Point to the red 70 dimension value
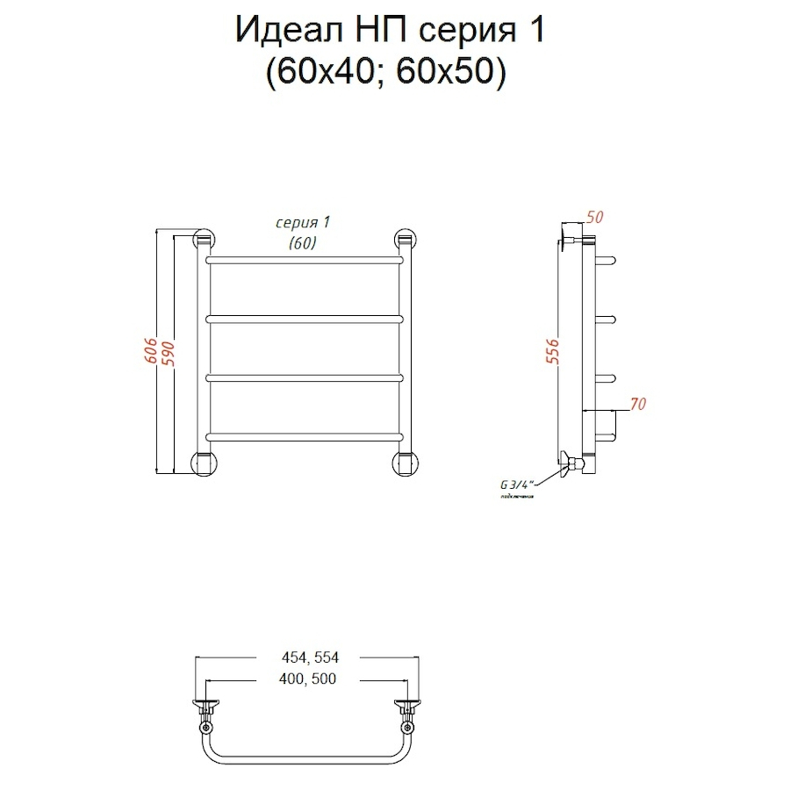pos(637,405)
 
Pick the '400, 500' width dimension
pos(306,679)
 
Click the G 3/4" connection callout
pos(517,484)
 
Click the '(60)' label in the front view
pos(302,244)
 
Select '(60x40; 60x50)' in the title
pos(386,74)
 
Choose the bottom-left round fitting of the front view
pos(204,462)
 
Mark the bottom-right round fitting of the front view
pos(405,462)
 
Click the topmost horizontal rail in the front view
pos(305,260)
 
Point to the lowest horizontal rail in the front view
pos(305,436)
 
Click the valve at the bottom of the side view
pos(573,462)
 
